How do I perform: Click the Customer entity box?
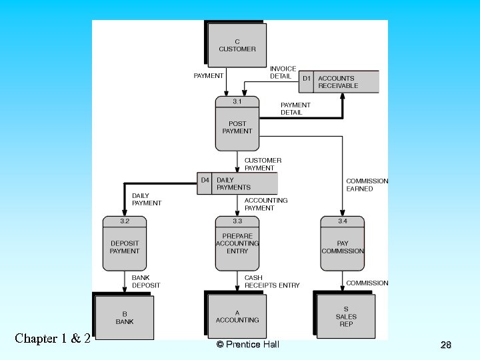click(237, 45)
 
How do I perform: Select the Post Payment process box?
click(237, 124)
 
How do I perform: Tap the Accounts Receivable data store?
click(338, 82)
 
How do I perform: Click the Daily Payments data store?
click(237, 183)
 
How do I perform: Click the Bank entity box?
click(125, 318)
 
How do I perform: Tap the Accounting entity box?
click(237, 317)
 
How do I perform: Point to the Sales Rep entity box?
click(345, 317)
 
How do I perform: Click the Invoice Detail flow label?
click(283, 73)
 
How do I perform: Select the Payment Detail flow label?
click(295, 109)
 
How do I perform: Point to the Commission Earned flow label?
click(367, 185)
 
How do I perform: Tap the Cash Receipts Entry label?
click(272, 281)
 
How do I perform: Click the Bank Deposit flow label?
click(146, 281)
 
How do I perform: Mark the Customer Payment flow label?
click(263, 164)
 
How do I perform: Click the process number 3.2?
click(125, 221)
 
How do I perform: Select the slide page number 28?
click(446, 345)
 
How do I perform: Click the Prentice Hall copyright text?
click(248, 344)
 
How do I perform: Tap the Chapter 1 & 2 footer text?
click(52, 338)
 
